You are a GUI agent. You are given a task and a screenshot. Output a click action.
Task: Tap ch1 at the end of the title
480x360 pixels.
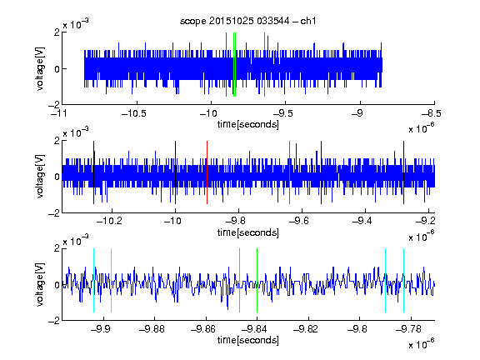click(308, 21)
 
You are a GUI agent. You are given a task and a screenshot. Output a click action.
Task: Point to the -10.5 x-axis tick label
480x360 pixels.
click(134, 113)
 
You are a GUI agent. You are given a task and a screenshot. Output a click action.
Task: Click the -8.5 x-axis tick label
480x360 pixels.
click(432, 113)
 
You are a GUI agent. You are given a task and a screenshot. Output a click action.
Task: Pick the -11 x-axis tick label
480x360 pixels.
click(59, 113)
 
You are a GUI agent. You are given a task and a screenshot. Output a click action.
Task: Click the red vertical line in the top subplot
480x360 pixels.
click(226, 65)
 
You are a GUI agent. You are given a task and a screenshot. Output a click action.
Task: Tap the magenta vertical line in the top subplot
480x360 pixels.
click(264, 65)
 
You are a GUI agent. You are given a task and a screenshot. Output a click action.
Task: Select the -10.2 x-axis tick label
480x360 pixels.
click(109, 220)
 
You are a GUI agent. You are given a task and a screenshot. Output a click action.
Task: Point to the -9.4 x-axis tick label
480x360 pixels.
click(362, 220)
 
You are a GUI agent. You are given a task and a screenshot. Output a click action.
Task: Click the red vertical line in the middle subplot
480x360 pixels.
click(207, 172)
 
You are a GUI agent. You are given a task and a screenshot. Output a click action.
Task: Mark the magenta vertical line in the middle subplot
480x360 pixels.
click(290, 172)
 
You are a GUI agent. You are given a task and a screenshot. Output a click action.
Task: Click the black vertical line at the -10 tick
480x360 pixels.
click(175, 172)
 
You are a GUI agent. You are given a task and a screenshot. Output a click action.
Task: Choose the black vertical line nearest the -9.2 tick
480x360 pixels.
click(404, 172)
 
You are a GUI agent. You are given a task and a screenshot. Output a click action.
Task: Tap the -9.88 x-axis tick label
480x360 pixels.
click(152, 329)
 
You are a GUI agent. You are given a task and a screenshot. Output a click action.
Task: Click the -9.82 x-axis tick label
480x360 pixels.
click(306, 329)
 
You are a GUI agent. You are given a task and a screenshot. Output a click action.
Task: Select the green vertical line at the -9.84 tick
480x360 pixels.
click(257, 280)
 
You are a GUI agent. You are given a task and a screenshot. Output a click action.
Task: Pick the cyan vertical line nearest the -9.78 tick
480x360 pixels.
click(404, 280)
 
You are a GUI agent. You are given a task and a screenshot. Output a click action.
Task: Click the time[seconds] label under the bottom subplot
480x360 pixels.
click(248, 340)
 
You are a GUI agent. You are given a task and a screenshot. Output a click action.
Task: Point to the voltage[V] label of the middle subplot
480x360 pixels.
click(40, 177)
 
